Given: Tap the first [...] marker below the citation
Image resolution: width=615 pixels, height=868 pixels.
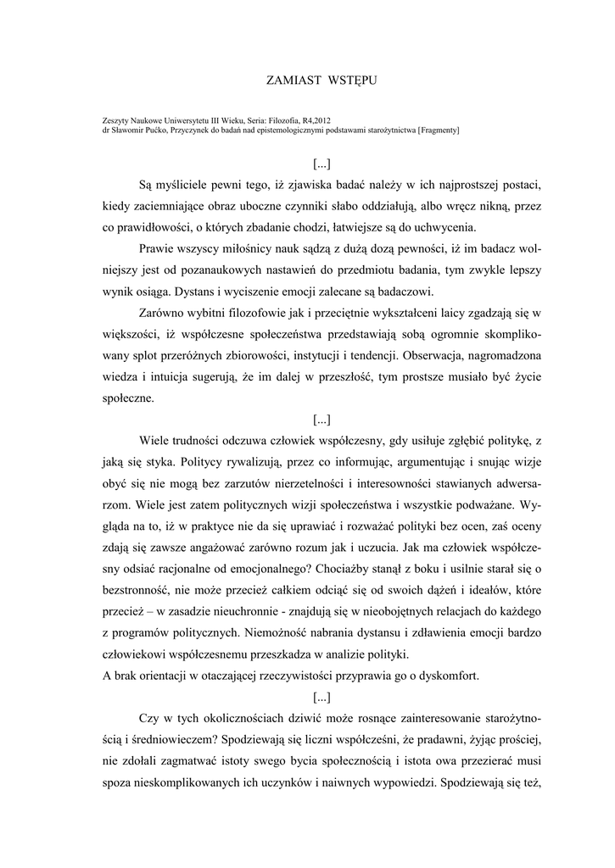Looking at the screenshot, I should [x=321, y=163].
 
